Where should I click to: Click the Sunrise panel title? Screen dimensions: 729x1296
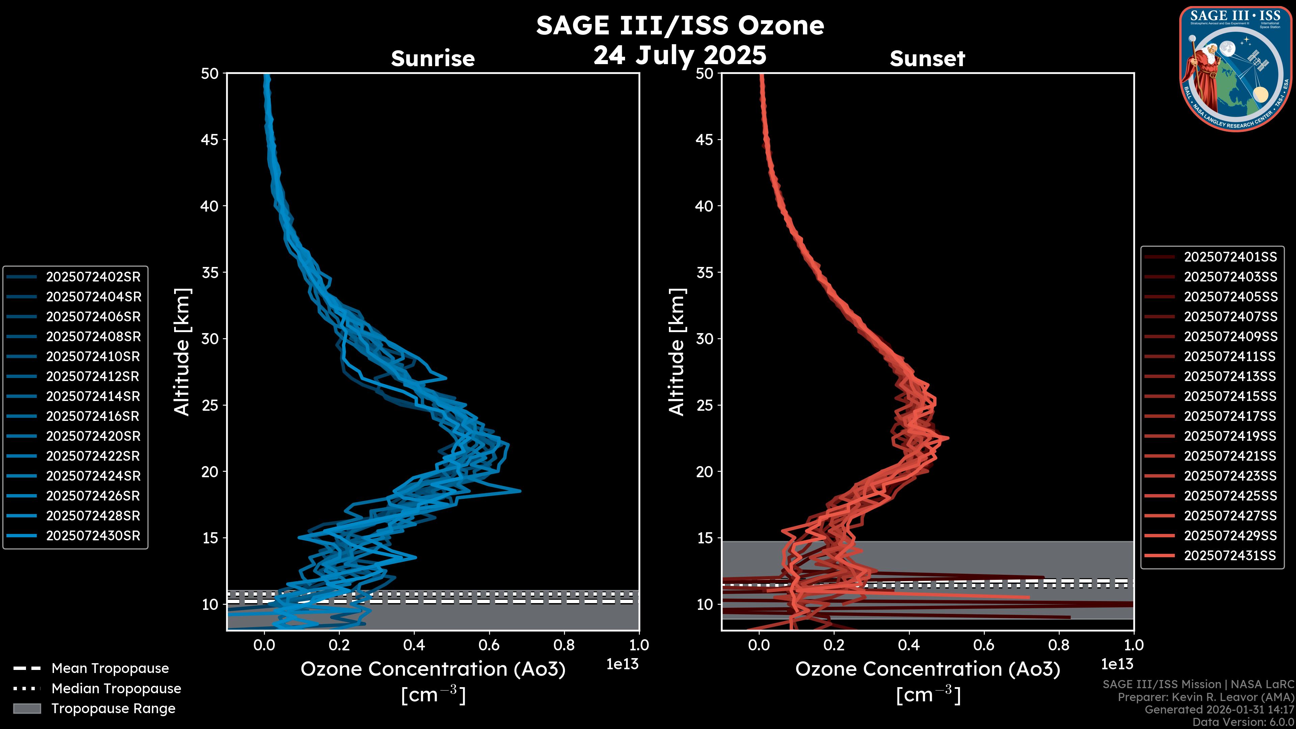pos(433,59)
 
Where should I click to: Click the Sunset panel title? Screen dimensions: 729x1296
pos(927,59)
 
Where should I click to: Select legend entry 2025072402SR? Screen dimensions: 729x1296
pos(93,277)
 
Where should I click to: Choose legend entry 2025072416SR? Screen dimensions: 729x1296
pos(93,416)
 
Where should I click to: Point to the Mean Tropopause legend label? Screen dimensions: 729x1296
pos(110,668)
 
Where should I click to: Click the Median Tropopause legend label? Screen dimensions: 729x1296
pos(116,688)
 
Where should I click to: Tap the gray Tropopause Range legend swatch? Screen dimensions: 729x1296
pos(27,708)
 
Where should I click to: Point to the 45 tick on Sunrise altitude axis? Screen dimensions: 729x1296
pos(210,139)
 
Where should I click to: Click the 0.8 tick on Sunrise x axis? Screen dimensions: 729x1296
pos(564,645)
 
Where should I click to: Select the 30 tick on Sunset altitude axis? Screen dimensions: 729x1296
pos(704,339)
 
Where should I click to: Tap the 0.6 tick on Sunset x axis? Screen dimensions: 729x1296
pos(983,645)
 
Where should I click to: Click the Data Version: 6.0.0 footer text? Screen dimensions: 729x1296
pos(1244,722)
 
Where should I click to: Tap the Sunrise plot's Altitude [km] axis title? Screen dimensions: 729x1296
pos(182,352)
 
